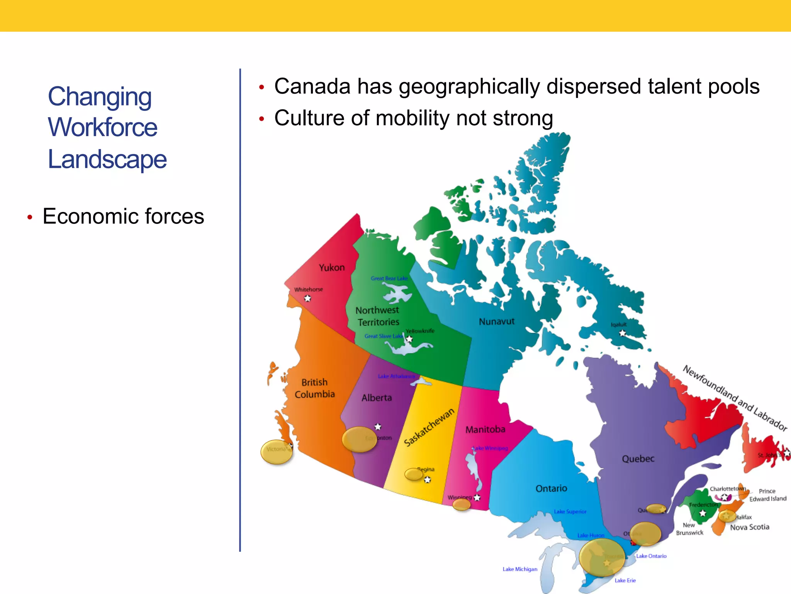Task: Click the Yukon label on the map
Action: [331, 268]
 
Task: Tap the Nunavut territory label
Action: [497, 321]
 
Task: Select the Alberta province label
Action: [377, 398]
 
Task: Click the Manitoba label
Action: [485, 429]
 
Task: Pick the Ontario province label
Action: [551, 488]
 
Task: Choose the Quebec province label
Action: [638, 459]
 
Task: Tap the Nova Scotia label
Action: [749, 527]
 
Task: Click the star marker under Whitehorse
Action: [307, 298]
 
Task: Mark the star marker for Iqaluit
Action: [623, 333]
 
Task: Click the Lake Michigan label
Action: [520, 569]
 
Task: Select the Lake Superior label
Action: [570, 512]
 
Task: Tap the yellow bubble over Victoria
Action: [277, 452]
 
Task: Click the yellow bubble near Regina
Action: [414, 474]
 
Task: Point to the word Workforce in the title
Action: [103, 127]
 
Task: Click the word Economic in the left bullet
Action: [85, 216]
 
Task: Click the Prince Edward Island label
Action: [767, 495]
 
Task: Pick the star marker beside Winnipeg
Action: [477, 498]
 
